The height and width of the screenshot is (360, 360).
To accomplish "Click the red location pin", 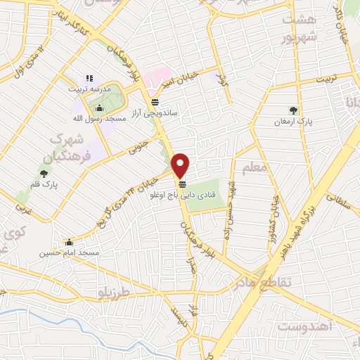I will coord(181,164).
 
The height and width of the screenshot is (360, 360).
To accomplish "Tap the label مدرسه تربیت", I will coord(89,89).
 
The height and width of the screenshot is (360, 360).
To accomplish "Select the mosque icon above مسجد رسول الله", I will coord(99,108).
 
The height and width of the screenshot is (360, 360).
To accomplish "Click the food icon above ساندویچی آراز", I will coord(155,101).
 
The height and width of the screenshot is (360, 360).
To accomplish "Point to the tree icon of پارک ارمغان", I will coord(293,110).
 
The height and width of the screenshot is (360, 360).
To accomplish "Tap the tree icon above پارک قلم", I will coord(44,174).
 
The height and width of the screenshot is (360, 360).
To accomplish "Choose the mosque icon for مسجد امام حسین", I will coord(68,242).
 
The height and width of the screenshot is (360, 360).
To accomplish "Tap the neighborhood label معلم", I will coord(254,168).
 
